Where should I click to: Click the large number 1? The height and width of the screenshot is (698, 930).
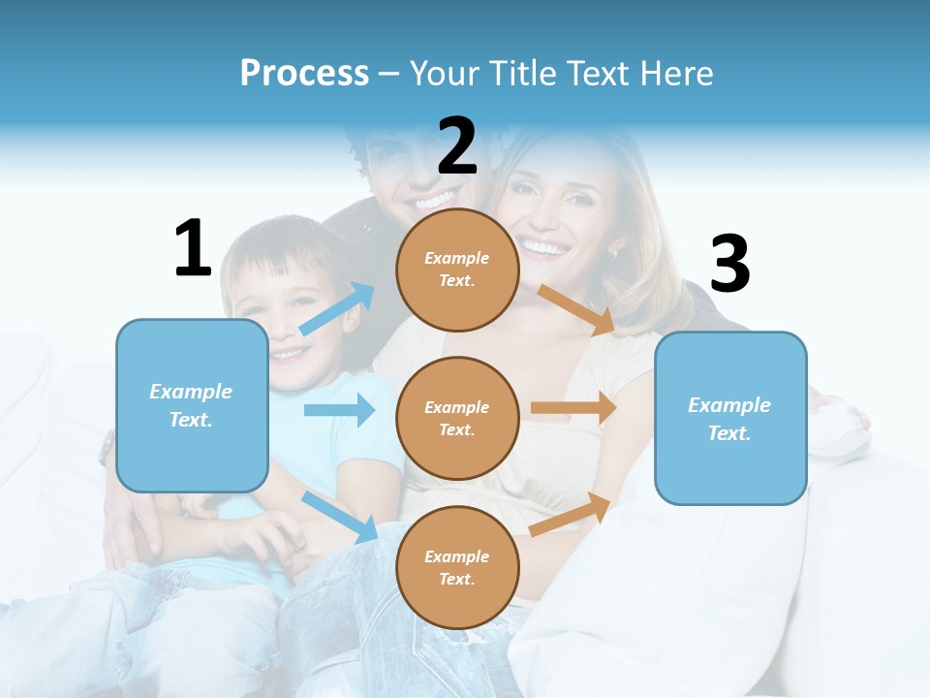pos(193,248)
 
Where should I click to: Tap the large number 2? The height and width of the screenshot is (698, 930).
pos(457,147)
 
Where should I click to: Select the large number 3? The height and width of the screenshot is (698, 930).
pos(729,265)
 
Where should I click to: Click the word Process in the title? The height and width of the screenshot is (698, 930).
pos(304,73)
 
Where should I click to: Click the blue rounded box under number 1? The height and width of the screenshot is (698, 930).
pos(192,405)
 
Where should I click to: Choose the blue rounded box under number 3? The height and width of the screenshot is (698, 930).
pos(730,419)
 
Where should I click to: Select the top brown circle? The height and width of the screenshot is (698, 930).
pos(457,270)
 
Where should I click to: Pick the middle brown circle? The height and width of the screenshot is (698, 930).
pos(457,419)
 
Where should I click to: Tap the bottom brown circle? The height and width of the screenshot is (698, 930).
pos(457,567)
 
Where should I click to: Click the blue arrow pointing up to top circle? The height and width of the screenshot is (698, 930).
pos(337,308)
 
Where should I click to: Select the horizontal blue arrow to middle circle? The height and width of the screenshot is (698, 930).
pos(339,410)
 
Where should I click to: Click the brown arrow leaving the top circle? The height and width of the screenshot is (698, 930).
pos(577,309)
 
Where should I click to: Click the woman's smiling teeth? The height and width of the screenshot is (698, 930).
pos(543,248)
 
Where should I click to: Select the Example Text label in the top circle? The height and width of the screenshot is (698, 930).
pos(457,270)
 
